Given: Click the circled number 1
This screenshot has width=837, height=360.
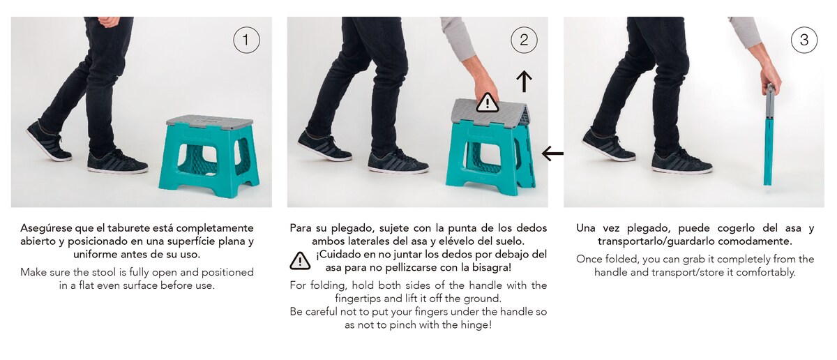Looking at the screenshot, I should [x=246, y=40].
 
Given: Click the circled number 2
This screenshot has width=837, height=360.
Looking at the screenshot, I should [x=524, y=40].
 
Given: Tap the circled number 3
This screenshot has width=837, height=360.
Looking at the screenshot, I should [x=804, y=40].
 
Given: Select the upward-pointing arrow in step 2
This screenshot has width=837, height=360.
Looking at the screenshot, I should [x=524, y=81].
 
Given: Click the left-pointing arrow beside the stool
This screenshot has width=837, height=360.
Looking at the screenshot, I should [x=552, y=153].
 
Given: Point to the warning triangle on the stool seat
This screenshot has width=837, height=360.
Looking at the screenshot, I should [x=488, y=103].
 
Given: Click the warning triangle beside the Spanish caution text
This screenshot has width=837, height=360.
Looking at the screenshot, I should [x=300, y=261].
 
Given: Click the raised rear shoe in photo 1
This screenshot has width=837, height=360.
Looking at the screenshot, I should [x=47, y=141].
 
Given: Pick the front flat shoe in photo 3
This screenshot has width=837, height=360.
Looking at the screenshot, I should [x=681, y=163].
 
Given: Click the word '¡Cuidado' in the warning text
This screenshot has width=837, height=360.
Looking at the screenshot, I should [x=340, y=254].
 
